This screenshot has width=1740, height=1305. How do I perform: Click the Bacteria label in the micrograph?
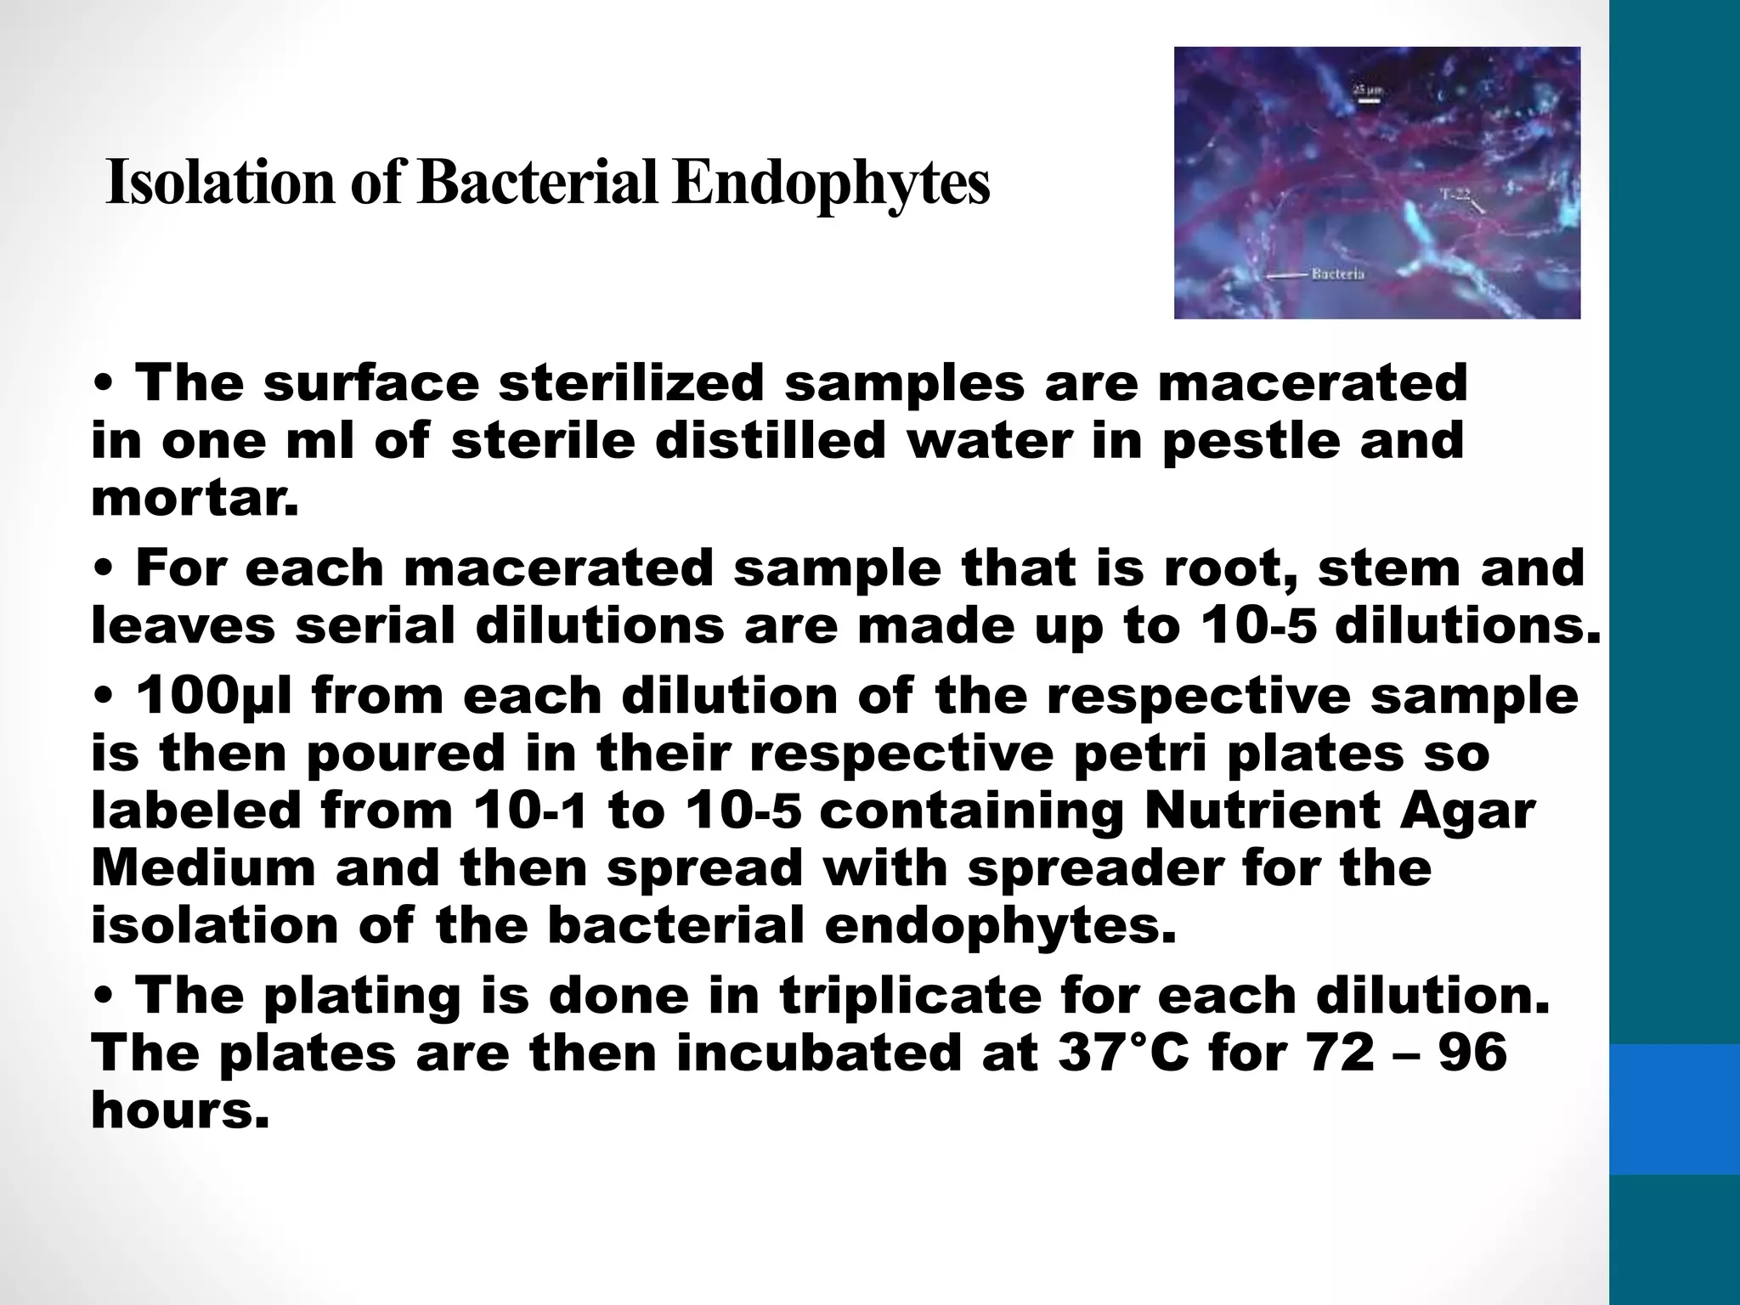click(1338, 274)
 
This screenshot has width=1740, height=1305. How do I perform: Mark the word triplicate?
click(910, 996)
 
